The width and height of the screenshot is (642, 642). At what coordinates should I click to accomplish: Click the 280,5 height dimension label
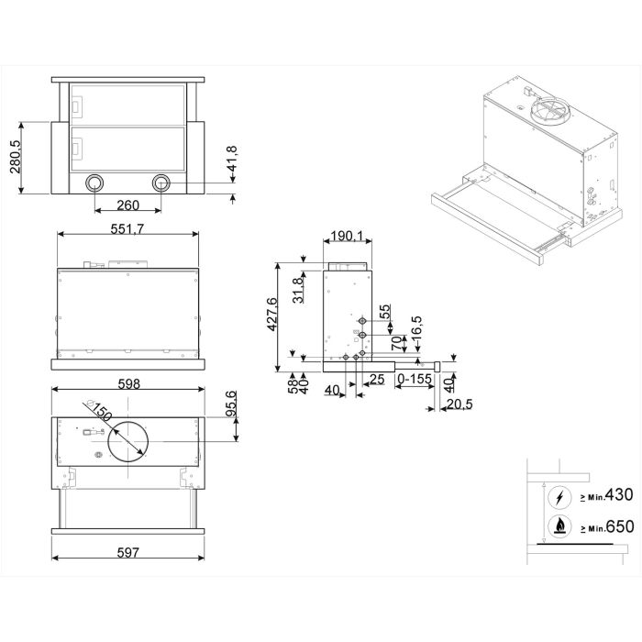(x=16, y=157)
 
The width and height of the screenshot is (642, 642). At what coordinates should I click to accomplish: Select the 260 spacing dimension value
(x=128, y=205)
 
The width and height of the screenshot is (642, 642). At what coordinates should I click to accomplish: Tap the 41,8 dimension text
(x=232, y=159)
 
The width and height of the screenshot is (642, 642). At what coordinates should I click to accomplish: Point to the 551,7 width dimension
(x=127, y=229)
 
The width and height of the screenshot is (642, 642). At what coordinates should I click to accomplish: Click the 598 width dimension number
(x=129, y=384)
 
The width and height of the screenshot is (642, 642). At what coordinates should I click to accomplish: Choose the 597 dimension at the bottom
(x=128, y=553)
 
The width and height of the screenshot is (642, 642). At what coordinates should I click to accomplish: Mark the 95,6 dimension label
(x=231, y=404)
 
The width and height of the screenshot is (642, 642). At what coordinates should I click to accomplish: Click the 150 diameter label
(x=101, y=412)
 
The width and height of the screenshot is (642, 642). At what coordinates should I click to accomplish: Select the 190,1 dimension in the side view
(x=347, y=236)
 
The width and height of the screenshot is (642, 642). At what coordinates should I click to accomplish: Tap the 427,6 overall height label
(x=271, y=315)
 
